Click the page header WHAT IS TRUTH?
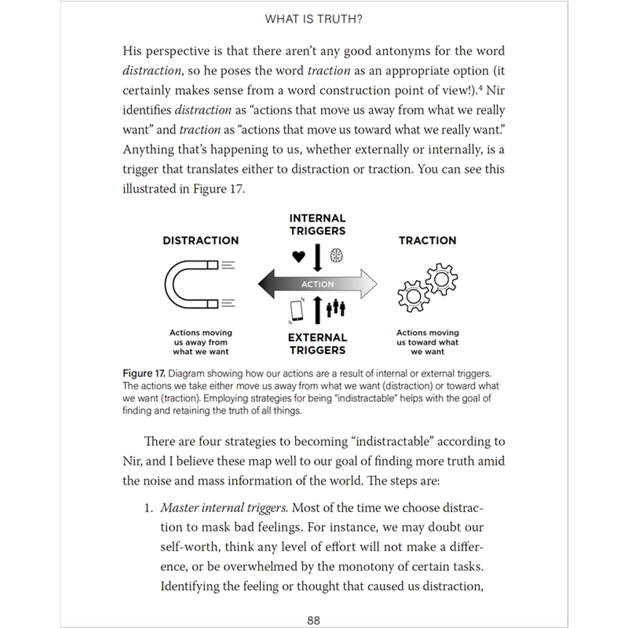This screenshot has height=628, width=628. click(x=313, y=19)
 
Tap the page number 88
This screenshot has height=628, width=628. click(x=313, y=620)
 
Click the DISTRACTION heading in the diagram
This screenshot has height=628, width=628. click(x=201, y=241)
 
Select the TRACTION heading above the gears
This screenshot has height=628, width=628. click(x=428, y=241)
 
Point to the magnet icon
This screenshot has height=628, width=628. click(x=191, y=284)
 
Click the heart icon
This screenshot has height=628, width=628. click(x=298, y=256)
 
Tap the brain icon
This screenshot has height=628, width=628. click(x=337, y=256)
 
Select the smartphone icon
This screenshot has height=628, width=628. click(x=297, y=311)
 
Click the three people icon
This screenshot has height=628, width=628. click(x=337, y=308)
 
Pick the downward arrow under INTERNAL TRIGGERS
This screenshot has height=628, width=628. click(x=318, y=257)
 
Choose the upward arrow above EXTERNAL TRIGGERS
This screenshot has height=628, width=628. click(x=318, y=309)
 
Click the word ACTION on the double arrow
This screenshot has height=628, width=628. click(x=318, y=284)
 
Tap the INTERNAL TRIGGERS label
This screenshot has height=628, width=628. click(x=318, y=224)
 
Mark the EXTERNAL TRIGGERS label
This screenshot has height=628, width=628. click(x=318, y=344)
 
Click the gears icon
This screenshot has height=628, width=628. click(x=428, y=285)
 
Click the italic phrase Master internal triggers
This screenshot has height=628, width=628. click(x=225, y=507)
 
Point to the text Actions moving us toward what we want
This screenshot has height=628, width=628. click(x=428, y=342)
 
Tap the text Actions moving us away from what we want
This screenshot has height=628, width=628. click(x=201, y=342)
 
